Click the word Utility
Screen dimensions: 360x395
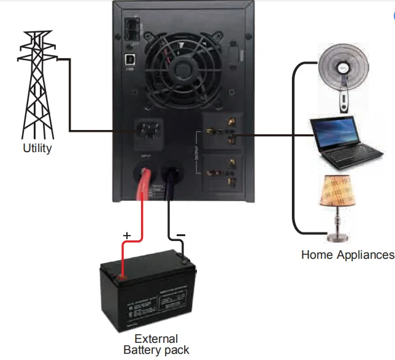click(37, 148)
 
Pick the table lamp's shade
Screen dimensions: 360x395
click(338, 191)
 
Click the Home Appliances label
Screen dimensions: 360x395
click(347, 255)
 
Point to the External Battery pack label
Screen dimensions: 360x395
click(156, 344)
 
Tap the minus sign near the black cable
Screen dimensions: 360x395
click(182, 236)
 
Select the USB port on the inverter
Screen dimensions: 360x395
click(131, 60)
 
